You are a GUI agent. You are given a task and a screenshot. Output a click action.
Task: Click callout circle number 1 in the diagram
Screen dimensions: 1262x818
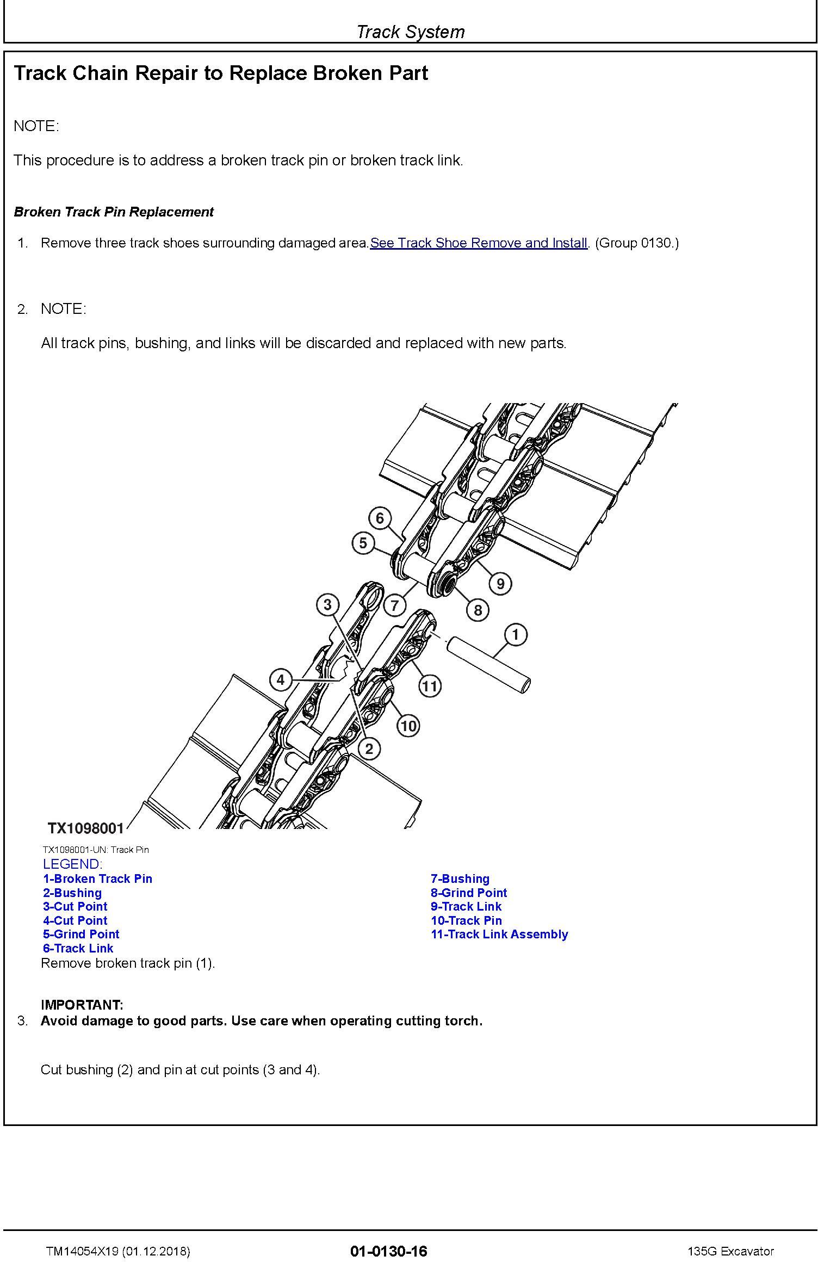coord(515,634)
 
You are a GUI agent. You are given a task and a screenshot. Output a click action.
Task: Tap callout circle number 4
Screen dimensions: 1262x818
coord(281,679)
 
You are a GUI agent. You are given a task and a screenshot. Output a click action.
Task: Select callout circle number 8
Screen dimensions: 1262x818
coord(478,610)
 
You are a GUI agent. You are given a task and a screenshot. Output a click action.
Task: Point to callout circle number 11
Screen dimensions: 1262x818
coord(430,685)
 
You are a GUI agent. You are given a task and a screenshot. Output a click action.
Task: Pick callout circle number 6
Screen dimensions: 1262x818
coord(380,518)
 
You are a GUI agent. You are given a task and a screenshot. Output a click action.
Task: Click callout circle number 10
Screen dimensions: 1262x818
coord(408,725)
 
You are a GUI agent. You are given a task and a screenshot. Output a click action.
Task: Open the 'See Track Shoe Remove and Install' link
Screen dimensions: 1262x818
coord(479,243)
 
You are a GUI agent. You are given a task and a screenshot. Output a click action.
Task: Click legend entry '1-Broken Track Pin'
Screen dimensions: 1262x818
coord(98,879)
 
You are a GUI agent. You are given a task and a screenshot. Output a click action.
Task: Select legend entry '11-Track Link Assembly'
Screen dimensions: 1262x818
coord(499,934)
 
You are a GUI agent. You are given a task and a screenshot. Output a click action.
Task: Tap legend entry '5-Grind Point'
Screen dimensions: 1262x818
coord(81,934)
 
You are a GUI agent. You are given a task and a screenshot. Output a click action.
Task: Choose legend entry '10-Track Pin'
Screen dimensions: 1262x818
coord(466,920)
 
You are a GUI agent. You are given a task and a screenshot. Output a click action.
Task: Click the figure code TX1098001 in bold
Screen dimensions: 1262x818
coord(86,828)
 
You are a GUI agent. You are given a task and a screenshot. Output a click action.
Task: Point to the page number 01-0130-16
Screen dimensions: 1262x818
coord(389,1251)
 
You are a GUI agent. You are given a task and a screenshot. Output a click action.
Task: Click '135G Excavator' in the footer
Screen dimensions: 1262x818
coord(730,1251)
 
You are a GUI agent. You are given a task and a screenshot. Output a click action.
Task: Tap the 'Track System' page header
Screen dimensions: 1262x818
coord(410,32)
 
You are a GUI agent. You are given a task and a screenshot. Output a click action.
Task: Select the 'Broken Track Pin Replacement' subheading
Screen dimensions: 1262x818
coord(114,212)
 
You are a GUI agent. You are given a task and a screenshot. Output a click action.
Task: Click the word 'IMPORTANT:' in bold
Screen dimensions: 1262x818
coord(82,1005)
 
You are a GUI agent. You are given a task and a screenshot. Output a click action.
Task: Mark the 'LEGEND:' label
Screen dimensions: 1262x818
coord(72,864)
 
